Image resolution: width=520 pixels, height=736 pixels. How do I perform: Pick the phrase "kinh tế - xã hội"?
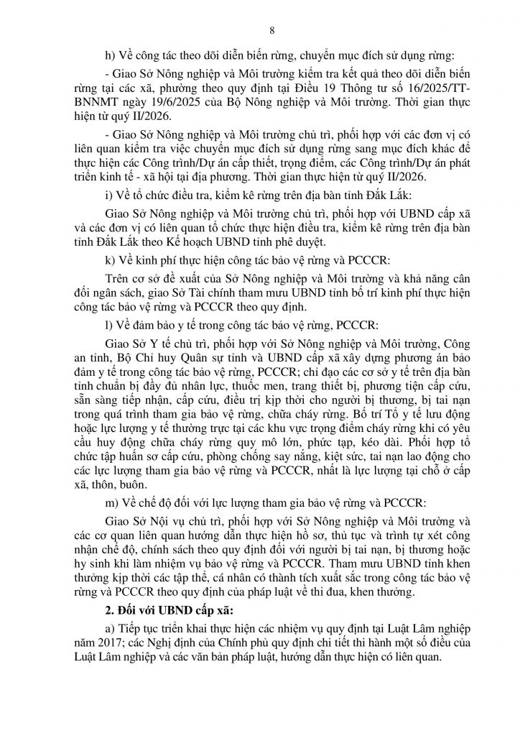147,177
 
